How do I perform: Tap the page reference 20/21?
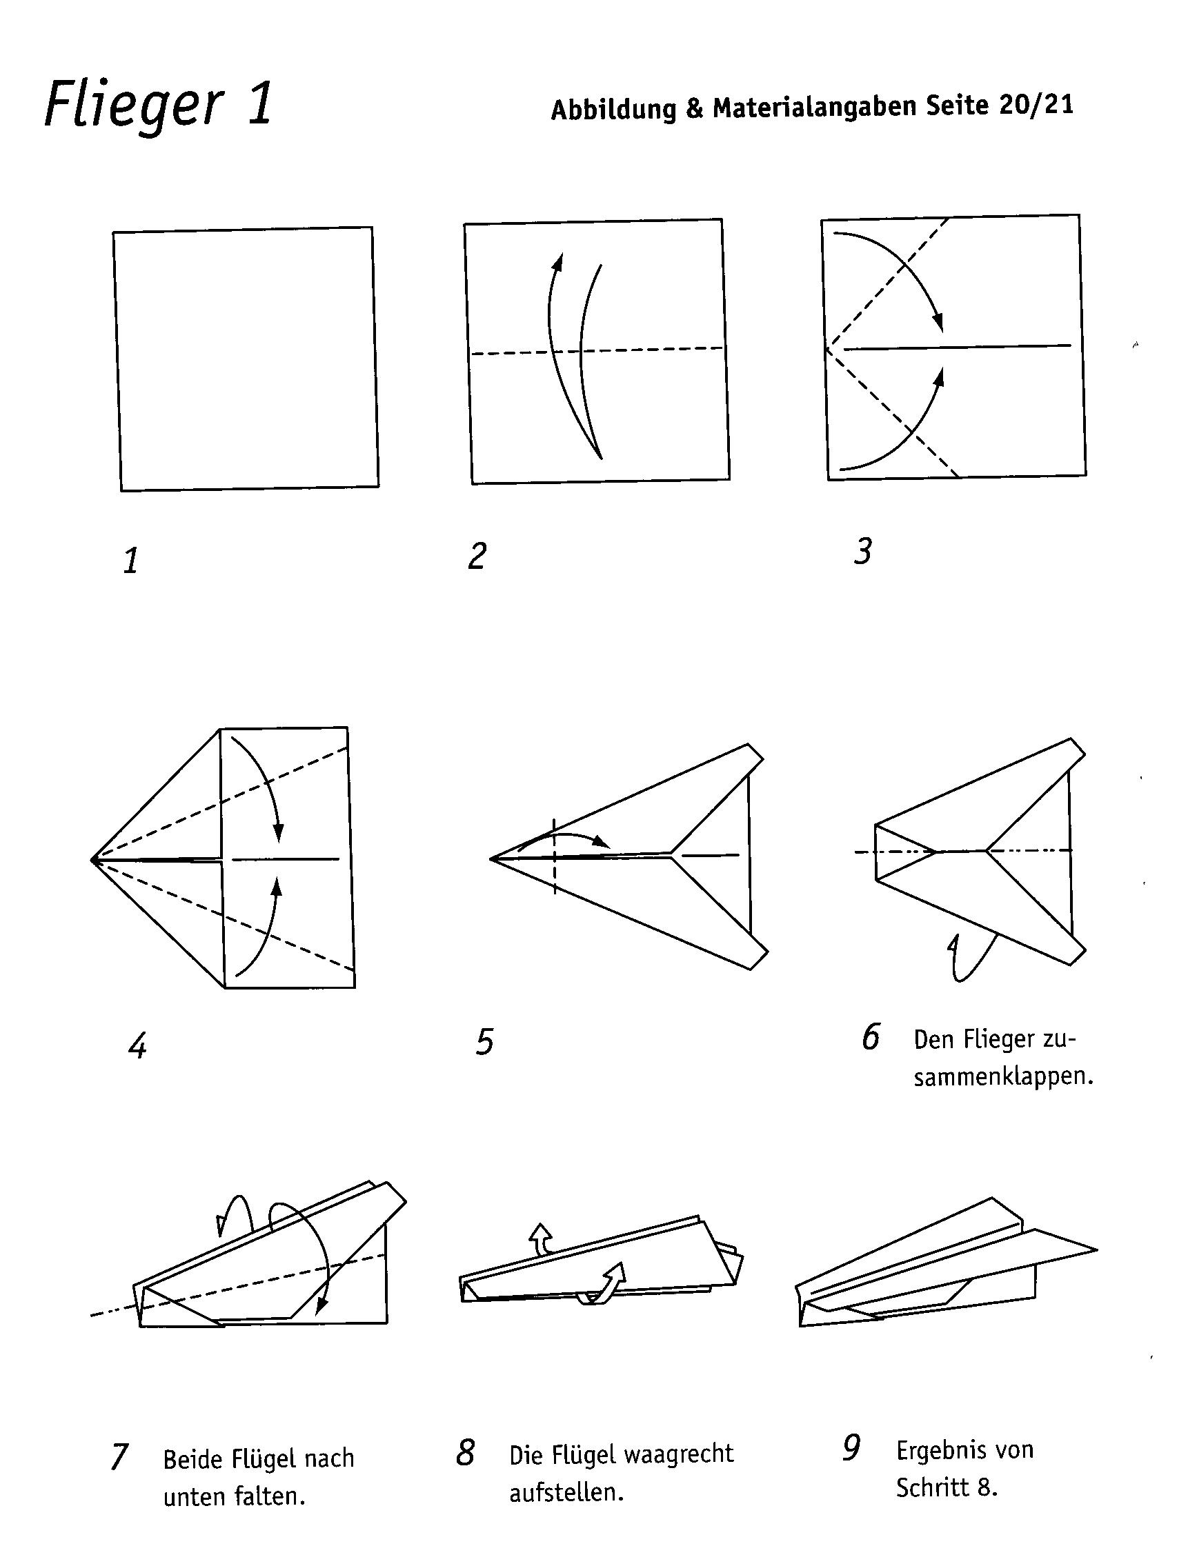click(1036, 106)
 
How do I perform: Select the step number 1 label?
click(131, 561)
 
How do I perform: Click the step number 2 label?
click(477, 556)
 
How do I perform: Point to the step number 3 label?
click(862, 552)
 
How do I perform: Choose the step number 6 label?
click(871, 1037)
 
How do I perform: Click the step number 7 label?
click(119, 1458)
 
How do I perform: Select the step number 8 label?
click(465, 1453)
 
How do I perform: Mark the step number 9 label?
click(851, 1449)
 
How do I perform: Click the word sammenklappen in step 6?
click(1003, 1077)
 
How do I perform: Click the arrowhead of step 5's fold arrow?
click(602, 842)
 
